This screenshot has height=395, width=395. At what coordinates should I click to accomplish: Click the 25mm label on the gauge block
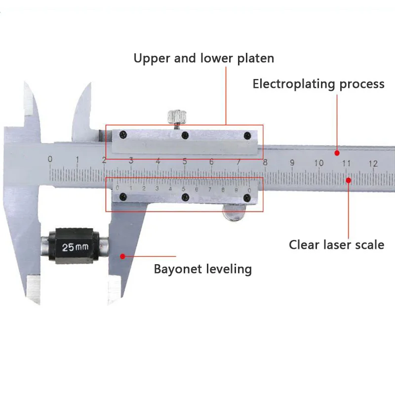(x=76, y=247)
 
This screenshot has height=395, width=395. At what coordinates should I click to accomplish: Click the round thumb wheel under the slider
(x=234, y=212)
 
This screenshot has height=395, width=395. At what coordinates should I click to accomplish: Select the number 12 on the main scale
(x=373, y=164)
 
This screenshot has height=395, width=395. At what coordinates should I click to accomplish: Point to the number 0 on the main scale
(x=50, y=159)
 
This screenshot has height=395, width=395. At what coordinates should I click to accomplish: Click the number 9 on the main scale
(x=292, y=162)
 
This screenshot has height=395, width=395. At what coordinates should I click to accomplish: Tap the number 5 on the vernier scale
(x=183, y=189)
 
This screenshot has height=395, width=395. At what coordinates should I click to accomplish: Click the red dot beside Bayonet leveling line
(x=122, y=256)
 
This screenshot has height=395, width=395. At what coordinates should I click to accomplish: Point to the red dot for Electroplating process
(x=337, y=153)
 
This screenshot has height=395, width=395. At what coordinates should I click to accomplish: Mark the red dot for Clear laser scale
(x=349, y=180)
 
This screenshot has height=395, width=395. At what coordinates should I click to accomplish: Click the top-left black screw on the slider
(x=123, y=134)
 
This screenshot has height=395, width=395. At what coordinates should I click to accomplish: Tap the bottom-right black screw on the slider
(x=247, y=198)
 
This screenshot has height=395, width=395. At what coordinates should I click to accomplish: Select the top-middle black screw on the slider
(x=185, y=135)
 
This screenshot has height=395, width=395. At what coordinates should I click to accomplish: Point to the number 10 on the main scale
(x=318, y=163)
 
